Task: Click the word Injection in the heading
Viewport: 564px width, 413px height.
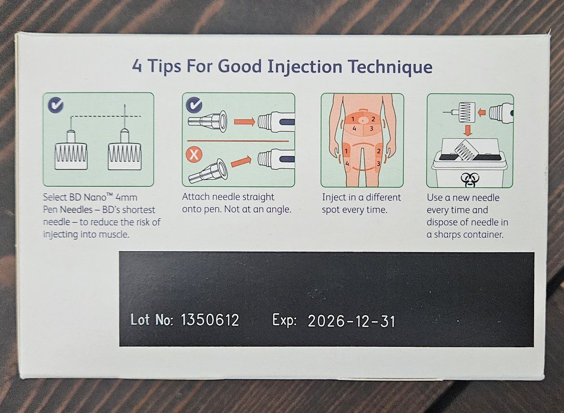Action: (305, 67)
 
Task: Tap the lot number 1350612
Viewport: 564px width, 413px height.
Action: (210, 320)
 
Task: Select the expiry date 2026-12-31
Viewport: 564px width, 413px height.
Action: (352, 321)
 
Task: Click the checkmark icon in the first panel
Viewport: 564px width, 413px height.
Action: (55, 105)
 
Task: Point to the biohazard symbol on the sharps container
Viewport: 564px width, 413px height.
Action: (468, 180)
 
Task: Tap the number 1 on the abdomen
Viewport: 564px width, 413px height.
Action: (353, 119)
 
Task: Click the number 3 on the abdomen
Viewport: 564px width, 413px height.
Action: (371, 129)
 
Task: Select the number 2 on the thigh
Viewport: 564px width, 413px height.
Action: (378, 151)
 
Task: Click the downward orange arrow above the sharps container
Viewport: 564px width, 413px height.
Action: (468, 131)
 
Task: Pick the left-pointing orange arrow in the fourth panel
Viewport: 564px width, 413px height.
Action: (482, 112)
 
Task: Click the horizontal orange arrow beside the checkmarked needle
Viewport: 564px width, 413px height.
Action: (245, 122)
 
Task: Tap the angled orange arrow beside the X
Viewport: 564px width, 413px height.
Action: (241, 161)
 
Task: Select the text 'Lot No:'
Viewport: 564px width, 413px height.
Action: (152, 320)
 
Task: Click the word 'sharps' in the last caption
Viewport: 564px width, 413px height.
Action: (450, 235)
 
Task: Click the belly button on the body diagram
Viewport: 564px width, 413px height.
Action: (363, 121)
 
